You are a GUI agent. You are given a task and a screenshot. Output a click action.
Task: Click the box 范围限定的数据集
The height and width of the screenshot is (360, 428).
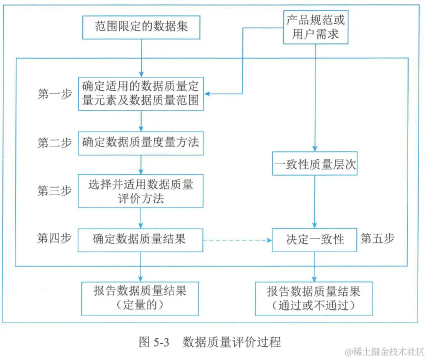pyautogui.click(x=141, y=26)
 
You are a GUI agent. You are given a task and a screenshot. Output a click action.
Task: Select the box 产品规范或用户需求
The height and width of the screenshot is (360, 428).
pyautogui.click(x=315, y=27)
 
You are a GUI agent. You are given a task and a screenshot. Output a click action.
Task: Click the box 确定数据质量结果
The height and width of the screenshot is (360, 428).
pyautogui.click(x=140, y=239)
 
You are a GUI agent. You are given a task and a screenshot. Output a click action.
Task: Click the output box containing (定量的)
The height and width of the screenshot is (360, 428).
pyautogui.click(x=140, y=297)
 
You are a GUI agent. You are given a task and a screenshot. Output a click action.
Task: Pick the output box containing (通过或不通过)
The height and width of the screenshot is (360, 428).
pyautogui.click(x=314, y=298)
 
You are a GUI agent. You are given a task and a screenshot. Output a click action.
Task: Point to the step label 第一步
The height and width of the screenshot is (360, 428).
pyautogui.click(x=54, y=93)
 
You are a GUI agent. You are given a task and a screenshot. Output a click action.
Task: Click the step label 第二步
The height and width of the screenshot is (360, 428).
pyautogui.click(x=54, y=142)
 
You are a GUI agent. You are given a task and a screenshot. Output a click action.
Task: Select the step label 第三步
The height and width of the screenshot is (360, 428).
pyautogui.click(x=54, y=190)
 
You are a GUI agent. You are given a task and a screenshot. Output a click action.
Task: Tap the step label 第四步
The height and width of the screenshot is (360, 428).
pyautogui.click(x=54, y=239)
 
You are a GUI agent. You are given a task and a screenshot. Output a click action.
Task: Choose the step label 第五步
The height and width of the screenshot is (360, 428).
pyautogui.click(x=377, y=238)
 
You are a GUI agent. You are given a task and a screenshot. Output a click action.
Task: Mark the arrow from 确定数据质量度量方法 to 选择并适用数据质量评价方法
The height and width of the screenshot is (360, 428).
pyautogui.click(x=141, y=164)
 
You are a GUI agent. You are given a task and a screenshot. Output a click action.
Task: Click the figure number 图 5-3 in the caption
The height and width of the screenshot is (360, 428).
pyautogui.click(x=155, y=342)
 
